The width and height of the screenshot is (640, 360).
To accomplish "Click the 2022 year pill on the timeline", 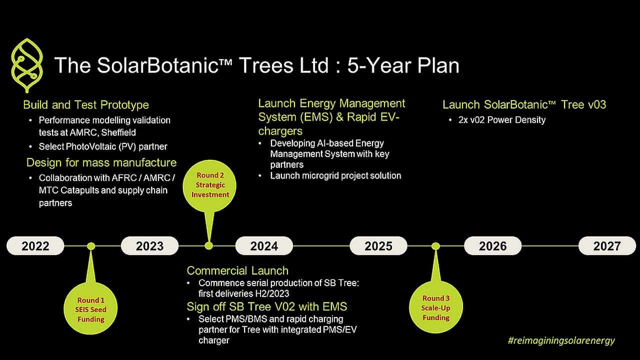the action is [x=35, y=245].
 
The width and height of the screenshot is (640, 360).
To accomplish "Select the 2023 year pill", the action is [x=149, y=245].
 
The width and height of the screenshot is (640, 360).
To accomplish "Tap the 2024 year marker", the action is [x=264, y=245].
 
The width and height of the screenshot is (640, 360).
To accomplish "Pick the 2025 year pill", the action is [x=378, y=245].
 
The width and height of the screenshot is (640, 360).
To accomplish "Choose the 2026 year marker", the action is [x=492, y=245].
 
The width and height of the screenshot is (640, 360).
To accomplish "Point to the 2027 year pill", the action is [x=607, y=245].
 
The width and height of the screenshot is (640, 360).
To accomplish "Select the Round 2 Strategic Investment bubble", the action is [x=209, y=186].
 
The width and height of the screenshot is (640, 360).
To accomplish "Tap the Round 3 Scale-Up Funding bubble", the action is [x=435, y=307].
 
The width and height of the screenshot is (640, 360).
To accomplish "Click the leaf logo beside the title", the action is [x=27, y=65].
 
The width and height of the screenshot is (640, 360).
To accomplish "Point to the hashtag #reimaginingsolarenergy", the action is [x=561, y=340].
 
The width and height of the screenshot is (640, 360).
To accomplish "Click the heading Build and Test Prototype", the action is [x=86, y=105].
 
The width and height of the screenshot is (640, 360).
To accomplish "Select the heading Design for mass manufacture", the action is [x=101, y=162].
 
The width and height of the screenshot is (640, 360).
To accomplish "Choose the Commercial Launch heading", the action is [x=237, y=270].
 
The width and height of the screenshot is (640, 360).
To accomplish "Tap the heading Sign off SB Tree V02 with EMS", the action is [x=267, y=306].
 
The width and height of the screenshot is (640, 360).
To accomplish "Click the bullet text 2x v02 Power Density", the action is [x=502, y=119].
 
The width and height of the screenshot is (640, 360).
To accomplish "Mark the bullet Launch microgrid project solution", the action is [x=335, y=175].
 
